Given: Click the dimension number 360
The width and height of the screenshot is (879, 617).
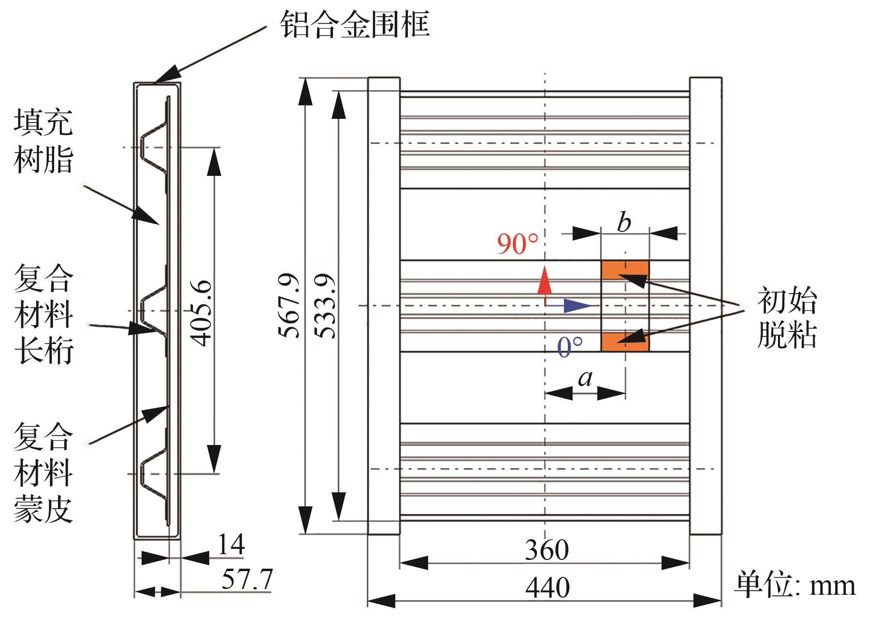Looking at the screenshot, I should pos(547,550).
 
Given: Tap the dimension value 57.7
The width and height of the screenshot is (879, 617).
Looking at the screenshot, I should pos(247,580).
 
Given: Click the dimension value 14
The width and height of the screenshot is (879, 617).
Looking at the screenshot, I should pos(231,545).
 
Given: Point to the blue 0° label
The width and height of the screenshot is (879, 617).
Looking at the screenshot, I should pos(570,346).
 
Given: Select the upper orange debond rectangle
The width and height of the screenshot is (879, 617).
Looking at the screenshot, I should pos(625,270).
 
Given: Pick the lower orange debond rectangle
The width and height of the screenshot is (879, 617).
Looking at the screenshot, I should pos(625,342).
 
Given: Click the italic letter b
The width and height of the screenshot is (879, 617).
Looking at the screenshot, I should pos(624,223).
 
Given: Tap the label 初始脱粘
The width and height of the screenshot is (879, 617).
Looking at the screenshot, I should pos(787,317).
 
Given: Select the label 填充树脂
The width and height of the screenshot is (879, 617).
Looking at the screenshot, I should pos(43,141).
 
